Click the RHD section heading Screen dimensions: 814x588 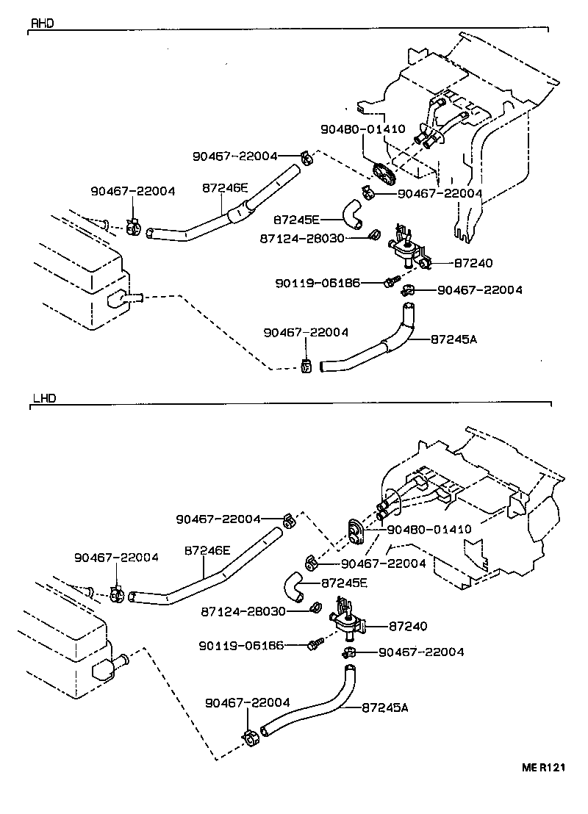[42, 23]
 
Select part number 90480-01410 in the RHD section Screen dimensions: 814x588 [362, 129]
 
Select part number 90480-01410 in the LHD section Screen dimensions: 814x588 [429, 529]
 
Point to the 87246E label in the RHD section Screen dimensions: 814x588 [225, 188]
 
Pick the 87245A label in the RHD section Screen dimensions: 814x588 [453, 339]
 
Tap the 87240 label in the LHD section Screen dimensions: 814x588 [407, 626]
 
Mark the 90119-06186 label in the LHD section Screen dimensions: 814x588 [241, 645]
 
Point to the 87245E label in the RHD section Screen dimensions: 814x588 [296, 219]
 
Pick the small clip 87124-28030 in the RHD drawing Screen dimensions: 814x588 [374, 235]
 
